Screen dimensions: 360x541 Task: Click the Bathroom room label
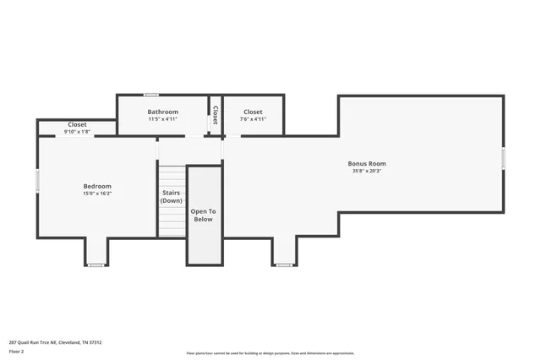[162, 112]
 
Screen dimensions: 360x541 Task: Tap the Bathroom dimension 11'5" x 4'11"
[162, 119]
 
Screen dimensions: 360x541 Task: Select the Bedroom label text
[96, 186]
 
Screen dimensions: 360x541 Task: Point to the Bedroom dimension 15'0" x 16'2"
[96, 194]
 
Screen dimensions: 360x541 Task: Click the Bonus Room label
[367, 163]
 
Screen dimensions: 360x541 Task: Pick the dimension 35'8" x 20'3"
[367, 171]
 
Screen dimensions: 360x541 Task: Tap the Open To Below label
[203, 215]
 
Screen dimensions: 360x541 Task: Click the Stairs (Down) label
[172, 197]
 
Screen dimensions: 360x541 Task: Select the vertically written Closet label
[216, 115]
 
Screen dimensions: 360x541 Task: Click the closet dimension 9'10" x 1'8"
[76, 132]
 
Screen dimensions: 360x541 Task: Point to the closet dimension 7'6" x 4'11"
[253, 119]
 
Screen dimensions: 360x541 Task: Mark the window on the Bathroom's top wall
[150, 95]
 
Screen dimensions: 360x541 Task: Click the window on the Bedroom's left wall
[37, 181]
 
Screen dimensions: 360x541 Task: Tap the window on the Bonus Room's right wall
[504, 158]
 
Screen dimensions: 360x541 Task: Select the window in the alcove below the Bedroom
[96, 265]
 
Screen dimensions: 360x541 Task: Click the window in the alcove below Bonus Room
[284, 265]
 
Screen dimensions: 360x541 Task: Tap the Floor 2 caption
[16, 351]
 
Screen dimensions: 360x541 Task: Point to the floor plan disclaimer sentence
[270, 353]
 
